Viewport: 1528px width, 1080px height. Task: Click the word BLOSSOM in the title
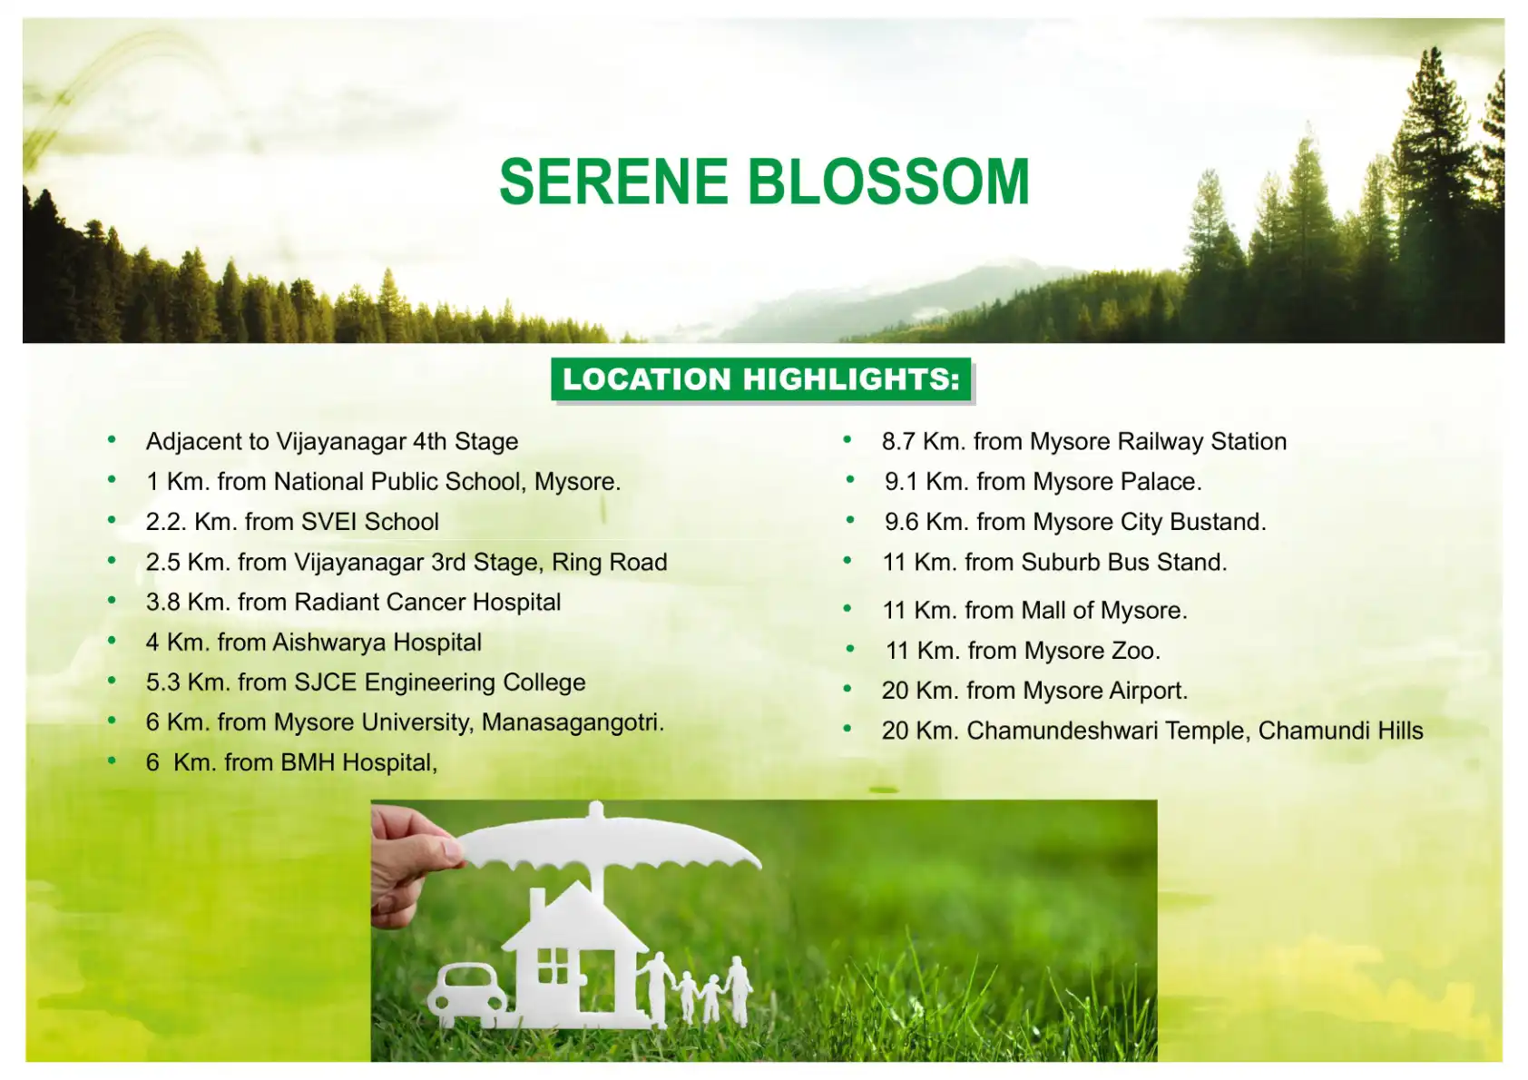(889, 182)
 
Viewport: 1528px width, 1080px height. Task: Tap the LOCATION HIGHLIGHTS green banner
(761, 379)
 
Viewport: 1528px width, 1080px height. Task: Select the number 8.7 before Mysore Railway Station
(898, 442)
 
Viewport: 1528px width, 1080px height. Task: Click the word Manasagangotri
(572, 722)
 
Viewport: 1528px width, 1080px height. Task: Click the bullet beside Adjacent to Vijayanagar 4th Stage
(112, 441)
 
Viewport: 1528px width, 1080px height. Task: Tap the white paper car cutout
(468, 993)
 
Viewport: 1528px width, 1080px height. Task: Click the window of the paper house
(552, 966)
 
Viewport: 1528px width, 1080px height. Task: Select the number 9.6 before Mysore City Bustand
(901, 522)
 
